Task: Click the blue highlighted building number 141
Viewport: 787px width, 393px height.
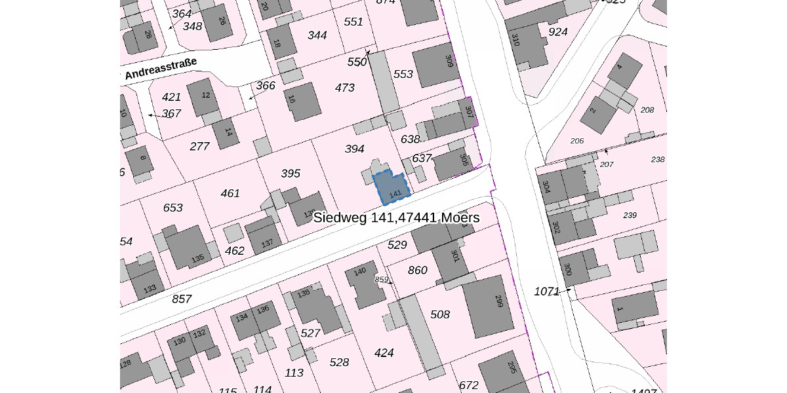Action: point(392,189)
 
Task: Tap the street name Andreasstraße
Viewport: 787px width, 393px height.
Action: point(161,69)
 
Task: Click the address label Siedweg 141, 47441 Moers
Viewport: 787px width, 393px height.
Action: point(396,217)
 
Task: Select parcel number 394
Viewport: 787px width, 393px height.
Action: point(354,149)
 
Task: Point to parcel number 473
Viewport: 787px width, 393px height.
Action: point(344,88)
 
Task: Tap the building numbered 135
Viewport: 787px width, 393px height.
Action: point(188,248)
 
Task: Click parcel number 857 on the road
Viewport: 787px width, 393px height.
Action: point(182,299)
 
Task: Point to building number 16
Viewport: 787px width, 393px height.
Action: point(303,102)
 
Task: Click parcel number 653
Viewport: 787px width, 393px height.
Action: point(172,208)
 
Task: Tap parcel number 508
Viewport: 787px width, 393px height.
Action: point(440,315)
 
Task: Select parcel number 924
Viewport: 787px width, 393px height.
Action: point(557,32)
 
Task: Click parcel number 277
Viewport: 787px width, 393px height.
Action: point(199,146)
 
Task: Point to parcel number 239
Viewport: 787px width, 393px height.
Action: point(630,215)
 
